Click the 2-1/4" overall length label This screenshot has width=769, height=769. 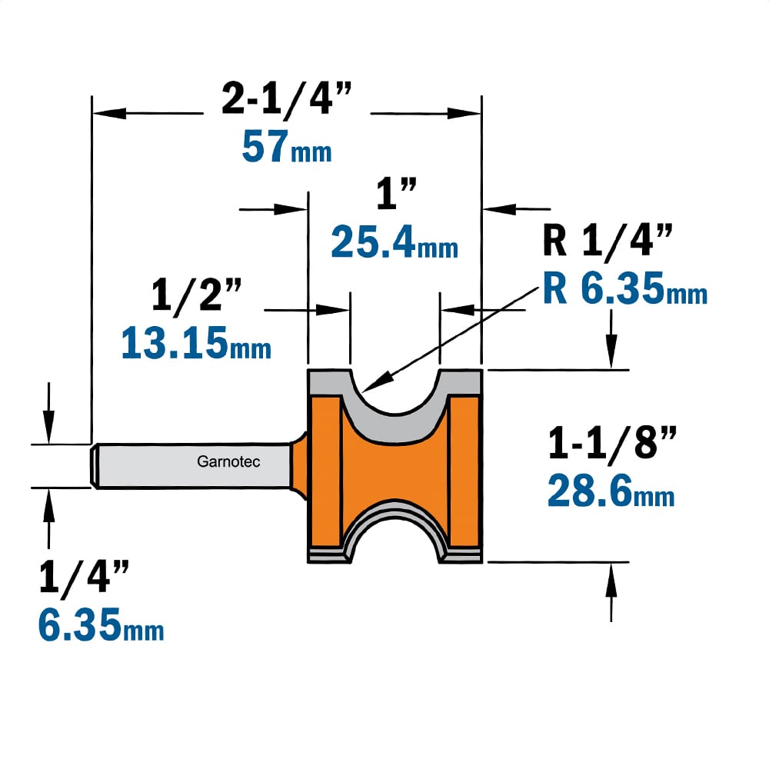[x=286, y=99]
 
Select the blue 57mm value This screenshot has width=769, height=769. [x=287, y=147]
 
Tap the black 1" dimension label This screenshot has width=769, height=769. [x=396, y=194]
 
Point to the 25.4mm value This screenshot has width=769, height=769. [x=394, y=241]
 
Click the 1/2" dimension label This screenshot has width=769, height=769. [x=196, y=295]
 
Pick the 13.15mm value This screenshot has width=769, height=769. [x=196, y=342]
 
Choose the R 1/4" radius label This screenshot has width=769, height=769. [x=608, y=240]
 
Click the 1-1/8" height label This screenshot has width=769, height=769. [x=612, y=443]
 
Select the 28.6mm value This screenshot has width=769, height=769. [x=611, y=491]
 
